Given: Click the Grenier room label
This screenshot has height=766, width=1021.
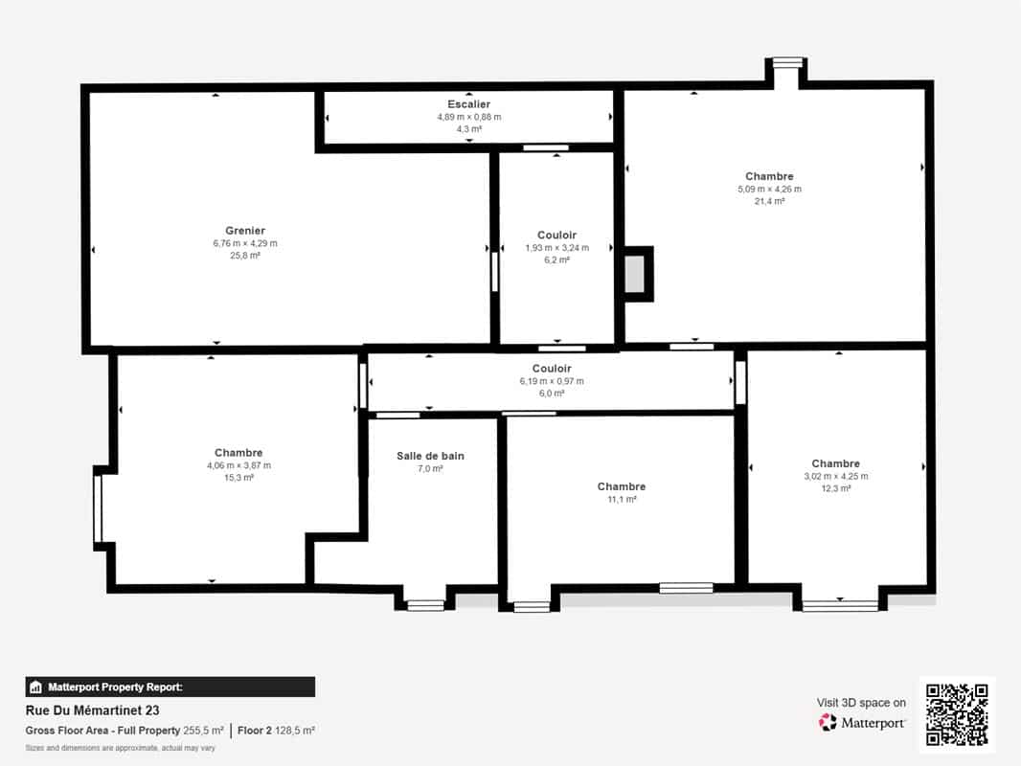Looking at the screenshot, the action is click(x=245, y=231).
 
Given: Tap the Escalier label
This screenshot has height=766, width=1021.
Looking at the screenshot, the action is click(x=468, y=104).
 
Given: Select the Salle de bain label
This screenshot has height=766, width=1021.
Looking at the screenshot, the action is click(x=430, y=456).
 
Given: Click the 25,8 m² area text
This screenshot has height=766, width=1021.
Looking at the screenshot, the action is click(x=245, y=256).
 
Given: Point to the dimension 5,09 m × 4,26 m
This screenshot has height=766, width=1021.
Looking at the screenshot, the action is click(x=770, y=190).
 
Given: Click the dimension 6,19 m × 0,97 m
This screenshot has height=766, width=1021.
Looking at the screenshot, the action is click(x=552, y=381).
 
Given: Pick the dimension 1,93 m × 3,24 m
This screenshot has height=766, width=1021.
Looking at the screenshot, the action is click(x=556, y=248).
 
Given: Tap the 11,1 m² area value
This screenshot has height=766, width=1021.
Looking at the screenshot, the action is click(x=622, y=499).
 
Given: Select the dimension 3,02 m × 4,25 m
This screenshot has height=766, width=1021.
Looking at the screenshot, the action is click(x=835, y=477).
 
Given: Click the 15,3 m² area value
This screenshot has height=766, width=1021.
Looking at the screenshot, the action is click(x=239, y=478).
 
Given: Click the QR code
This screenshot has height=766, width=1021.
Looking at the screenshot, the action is click(x=957, y=714).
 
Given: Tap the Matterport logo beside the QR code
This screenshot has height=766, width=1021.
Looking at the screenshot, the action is click(x=828, y=722).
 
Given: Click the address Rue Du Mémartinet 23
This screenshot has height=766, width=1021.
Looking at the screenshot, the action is click(x=93, y=710).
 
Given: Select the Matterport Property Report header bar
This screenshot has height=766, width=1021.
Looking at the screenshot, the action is click(x=170, y=687).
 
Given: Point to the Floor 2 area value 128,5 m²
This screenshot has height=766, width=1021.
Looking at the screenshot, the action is click(x=295, y=731).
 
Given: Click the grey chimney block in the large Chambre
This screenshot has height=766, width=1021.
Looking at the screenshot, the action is click(x=635, y=274).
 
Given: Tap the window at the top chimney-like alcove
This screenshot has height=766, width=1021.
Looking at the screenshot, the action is click(x=787, y=62).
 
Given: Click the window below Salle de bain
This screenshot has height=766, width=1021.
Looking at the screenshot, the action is click(x=426, y=605).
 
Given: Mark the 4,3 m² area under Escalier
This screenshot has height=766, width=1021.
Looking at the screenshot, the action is click(x=468, y=129).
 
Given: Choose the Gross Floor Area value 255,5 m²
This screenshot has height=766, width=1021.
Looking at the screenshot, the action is click(x=203, y=731).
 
